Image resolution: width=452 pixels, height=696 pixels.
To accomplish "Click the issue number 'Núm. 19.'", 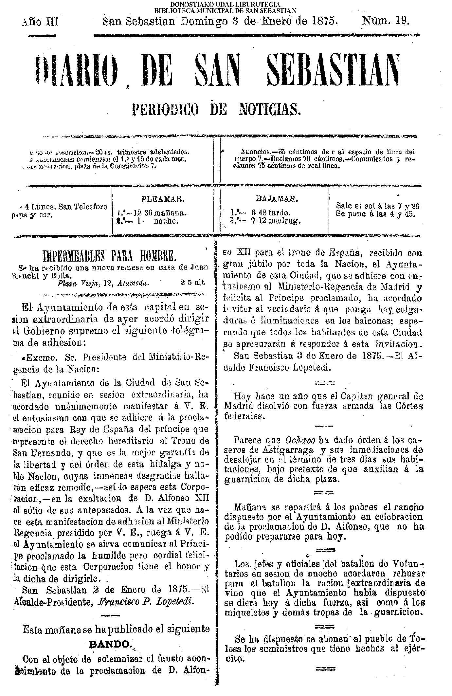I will click(385, 21).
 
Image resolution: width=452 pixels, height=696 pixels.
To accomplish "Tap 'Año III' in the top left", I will click(40, 22).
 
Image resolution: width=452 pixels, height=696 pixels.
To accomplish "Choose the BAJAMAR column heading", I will click(277, 199).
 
